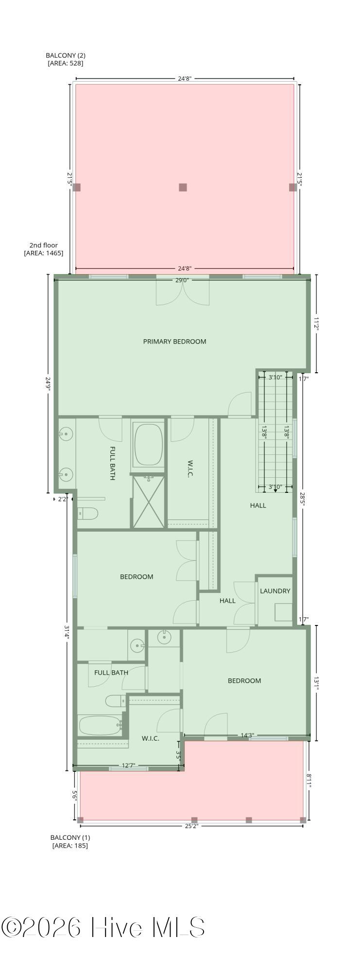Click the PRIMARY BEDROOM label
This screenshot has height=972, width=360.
[174, 342]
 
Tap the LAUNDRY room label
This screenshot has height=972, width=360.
[275, 591]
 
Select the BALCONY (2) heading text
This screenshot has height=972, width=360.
[66, 55]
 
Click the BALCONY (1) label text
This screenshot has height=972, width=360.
[70, 837]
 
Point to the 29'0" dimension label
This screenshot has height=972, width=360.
[183, 280]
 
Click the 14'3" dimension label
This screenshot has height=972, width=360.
[247, 735]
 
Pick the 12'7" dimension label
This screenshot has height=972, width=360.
[128, 765]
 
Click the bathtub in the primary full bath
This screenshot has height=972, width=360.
[148, 445]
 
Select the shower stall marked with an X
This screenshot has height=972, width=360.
[149, 502]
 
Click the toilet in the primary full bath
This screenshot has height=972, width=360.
[88, 513]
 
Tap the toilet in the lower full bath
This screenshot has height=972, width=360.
[116, 701]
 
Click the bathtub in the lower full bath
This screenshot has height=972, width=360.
[100, 726]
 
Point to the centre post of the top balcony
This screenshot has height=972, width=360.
[183, 187]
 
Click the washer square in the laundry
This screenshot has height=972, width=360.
[284, 612]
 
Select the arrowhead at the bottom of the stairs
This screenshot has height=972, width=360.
[275, 491]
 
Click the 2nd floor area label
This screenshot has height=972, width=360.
[44, 249]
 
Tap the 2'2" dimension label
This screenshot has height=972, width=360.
[63, 499]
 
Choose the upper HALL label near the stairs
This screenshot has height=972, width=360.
[258, 505]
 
